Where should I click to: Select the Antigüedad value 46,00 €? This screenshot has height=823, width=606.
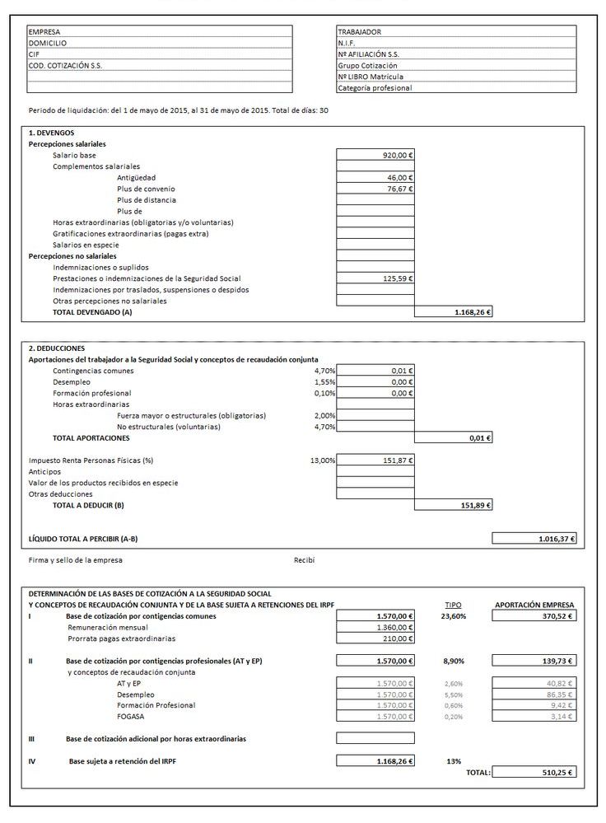click(x=399, y=177)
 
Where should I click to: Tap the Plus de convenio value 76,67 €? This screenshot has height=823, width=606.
click(x=399, y=189)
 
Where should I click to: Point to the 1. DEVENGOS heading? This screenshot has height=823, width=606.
click(x=52, y=132)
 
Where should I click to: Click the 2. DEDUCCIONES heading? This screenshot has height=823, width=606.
click(x=58, y=348)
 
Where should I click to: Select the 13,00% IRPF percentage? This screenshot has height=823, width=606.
click(x=323, y=461)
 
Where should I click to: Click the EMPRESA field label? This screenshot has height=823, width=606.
click(x=44, y=31)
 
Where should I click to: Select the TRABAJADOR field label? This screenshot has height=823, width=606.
click(x=360, y=31)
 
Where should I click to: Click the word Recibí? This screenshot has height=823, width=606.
click(x=305, y=560)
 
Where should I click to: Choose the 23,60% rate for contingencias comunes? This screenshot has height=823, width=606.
click(x=454, y=615)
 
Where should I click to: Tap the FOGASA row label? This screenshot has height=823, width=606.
click(x=132, y=717)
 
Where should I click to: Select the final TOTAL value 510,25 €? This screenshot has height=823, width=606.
click(x=557, y=773)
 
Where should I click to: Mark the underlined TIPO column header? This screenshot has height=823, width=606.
click(x=453, y=604)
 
